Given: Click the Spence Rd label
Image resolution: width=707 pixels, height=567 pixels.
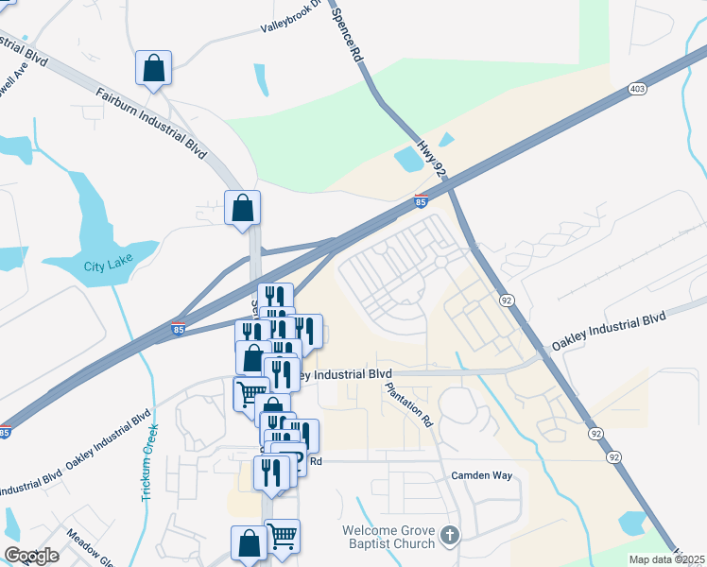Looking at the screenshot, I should coord(347,33).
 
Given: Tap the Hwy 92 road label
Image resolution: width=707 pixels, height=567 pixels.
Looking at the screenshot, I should coord(431,154).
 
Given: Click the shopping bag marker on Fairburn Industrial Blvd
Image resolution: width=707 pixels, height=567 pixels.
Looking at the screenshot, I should coord(153,68).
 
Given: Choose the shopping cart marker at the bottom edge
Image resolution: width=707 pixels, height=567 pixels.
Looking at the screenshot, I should coord(282,537).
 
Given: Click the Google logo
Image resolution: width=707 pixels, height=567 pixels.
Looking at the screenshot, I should coord(32,555).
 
